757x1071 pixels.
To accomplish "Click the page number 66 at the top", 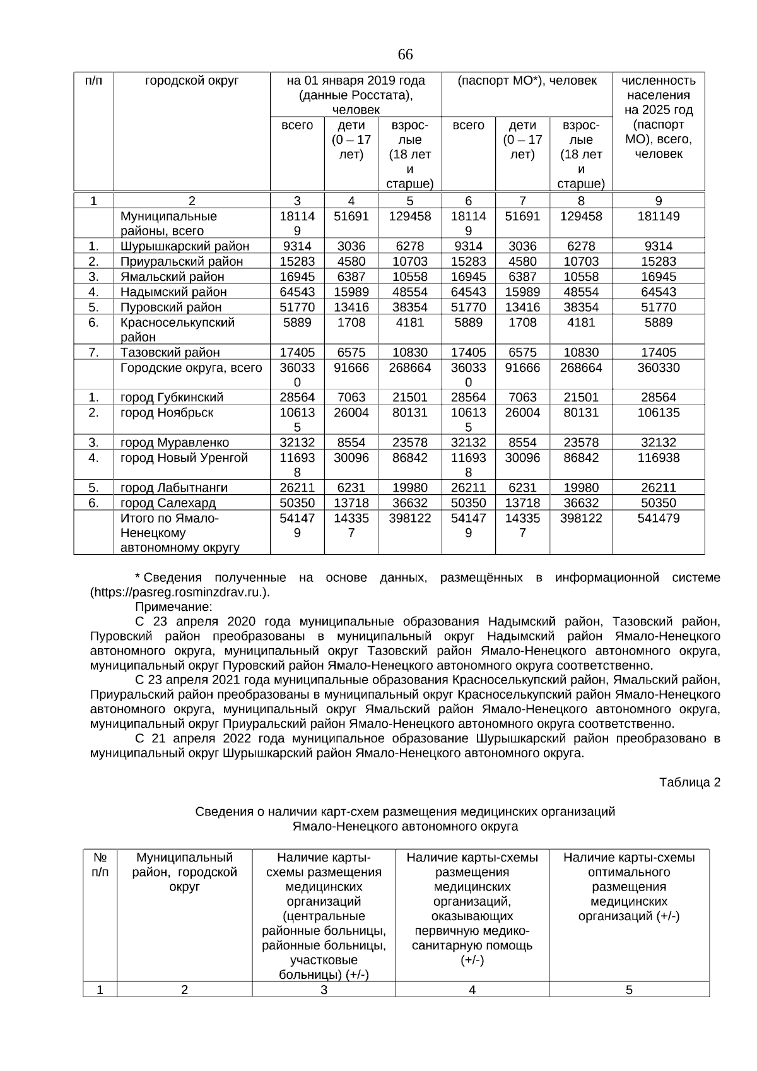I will pyautogui.click(x=405, y=55).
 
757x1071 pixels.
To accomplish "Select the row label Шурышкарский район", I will pyautogui.click(x=184, y=246).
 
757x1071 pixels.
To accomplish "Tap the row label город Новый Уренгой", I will pyautogui.click(x=184, y=458).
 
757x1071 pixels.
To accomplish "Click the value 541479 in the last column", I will pyautogui.click(x=658, y=518).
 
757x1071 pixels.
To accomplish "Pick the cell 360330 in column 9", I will pyautogui.click(x=658, y=367).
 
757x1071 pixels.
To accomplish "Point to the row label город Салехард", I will pyautogui.click(x=168, y=503).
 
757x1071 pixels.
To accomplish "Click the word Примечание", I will pyautogui.click(x=173, y=607).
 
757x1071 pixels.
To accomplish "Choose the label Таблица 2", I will pyautogui.click(x=689, y=783).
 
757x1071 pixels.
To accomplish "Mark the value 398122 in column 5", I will pyautogui.click(x=409, y=518).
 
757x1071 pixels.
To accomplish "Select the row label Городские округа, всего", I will pyautogui.click(x=191, y=367).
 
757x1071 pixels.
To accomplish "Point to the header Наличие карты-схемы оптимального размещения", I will pyautogui.click(x=628, y=887).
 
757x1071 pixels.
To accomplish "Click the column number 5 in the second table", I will pyautogui.click(x=628, y=990).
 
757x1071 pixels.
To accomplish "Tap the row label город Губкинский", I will pyautogui.click(x=172, y=398).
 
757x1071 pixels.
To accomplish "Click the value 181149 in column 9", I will pyautogui.click(x=658, y=216).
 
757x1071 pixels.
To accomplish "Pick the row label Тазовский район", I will pyautogui.click(x=170, y=352).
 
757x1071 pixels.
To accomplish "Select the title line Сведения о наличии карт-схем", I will pyautogui.click(x=405, y=812).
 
